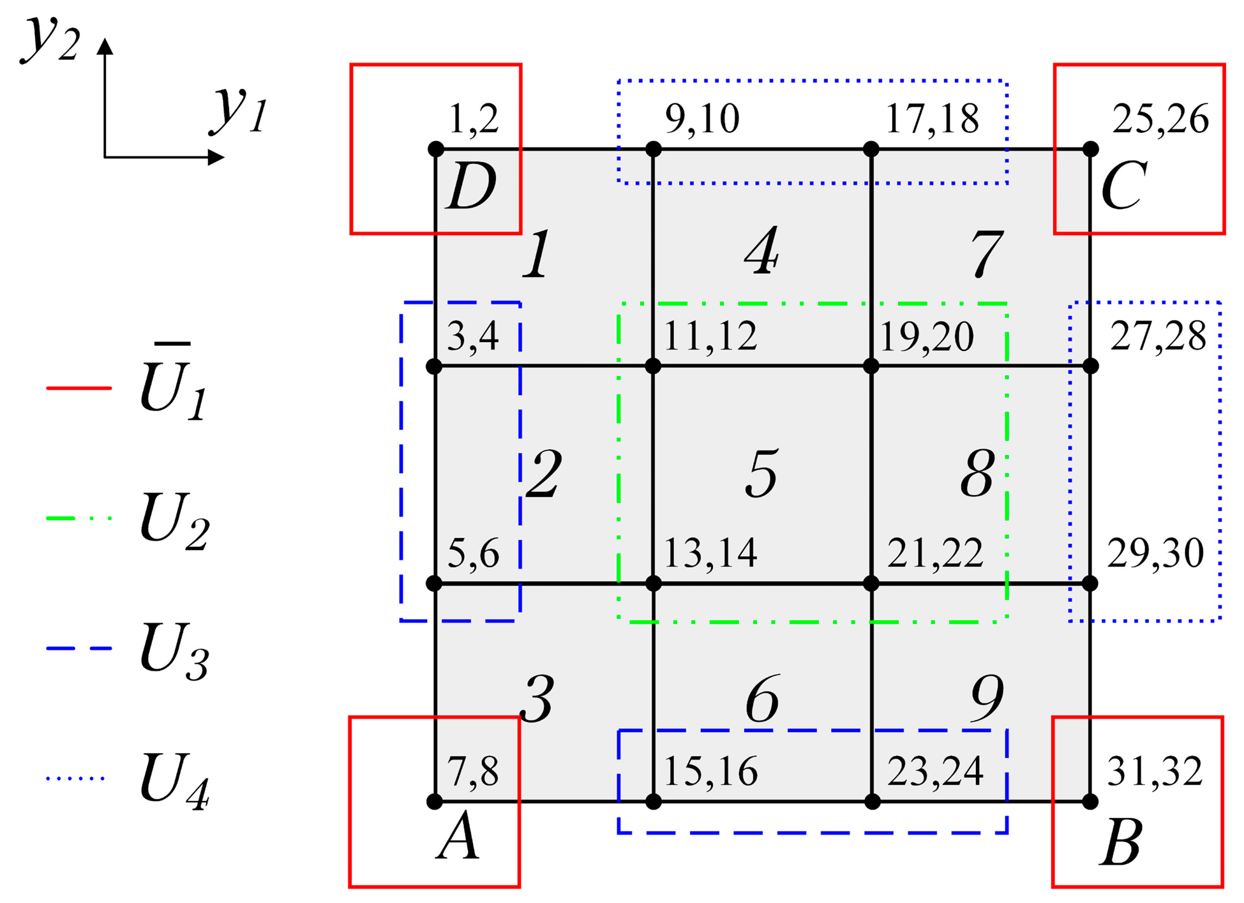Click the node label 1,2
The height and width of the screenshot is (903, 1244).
tap(474, 119)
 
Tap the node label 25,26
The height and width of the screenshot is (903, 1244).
tap(1160, 119)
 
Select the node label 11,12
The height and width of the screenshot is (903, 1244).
tap(710, 336)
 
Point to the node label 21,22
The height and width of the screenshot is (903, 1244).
tap(934, 553)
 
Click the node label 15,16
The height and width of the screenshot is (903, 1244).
tap(710, 772)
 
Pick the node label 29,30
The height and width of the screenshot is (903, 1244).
tap(1155, 553)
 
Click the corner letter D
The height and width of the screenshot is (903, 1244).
tap(471, 187)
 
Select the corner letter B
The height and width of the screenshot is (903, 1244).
tap(1120, 843)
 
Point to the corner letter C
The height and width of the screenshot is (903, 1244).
tap(1123, 187)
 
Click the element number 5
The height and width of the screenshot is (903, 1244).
tap(761, 474)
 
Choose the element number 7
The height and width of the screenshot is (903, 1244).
tap(986, 254)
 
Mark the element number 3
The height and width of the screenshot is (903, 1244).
tap(537, 699)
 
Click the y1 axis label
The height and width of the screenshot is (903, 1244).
tap(239, 110)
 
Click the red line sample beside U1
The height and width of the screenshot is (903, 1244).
tap(79, 387)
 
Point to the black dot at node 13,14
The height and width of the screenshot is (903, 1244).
tap(653, 583)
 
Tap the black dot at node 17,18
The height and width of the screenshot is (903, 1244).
tap(871, 149)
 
